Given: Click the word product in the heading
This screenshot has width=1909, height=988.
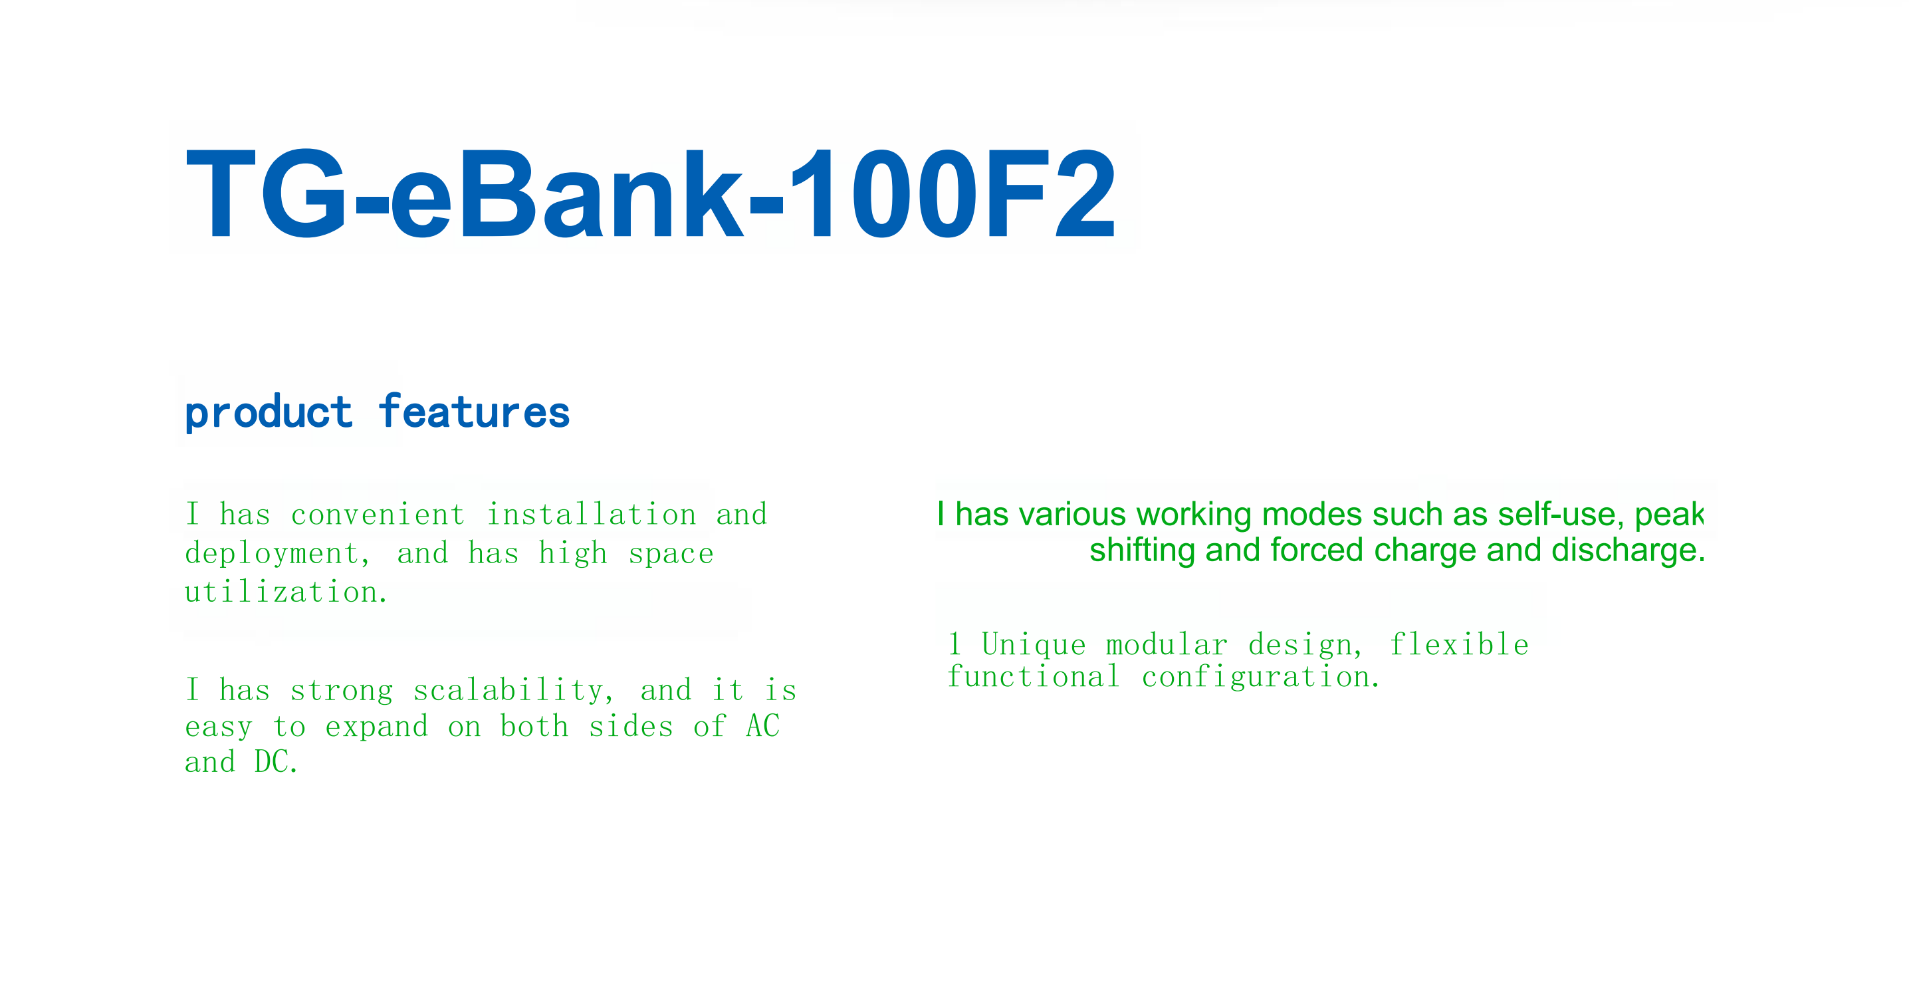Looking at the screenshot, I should tap(269, 412).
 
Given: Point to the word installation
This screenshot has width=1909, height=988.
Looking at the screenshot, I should tap(592, 515).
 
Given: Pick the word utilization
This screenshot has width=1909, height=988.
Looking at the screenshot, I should tap(286, 592).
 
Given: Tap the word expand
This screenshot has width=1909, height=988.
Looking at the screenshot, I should tap(376, 726).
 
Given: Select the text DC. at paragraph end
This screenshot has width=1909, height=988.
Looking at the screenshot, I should tap(277, 762).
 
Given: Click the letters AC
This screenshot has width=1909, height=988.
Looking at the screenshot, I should tap(762, 726).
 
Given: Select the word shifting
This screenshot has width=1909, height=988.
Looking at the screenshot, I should tap(1142, 550).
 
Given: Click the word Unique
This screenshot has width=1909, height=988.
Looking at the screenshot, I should tap(1033, 645).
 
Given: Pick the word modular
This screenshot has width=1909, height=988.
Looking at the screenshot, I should tap(1167, 645).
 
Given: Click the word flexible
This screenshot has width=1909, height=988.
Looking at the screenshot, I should tap(1458, 645).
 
